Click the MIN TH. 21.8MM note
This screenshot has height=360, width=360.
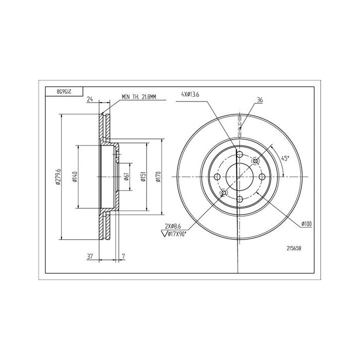coord(138,97)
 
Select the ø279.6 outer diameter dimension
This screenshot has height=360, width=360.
coord(58,177)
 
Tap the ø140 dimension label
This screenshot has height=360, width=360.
coord(75,177)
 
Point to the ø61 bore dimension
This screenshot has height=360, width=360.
coord(126,177)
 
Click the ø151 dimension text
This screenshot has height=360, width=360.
coord(143,177)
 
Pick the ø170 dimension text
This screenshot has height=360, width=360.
coord(158,177)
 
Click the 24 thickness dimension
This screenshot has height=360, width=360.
coord(90,99)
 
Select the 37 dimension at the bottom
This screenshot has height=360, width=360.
coord(90,256)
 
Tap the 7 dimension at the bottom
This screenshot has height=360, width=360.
coord(123,256)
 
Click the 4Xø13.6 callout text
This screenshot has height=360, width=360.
coord(190,94)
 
